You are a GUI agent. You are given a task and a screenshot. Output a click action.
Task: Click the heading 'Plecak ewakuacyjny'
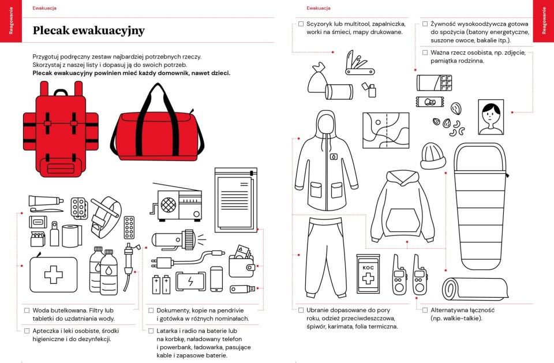[88, 31]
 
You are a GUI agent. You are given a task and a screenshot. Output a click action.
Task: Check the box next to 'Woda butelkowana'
[27, 310]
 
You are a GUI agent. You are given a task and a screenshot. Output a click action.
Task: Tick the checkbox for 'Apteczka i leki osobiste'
[27, 331]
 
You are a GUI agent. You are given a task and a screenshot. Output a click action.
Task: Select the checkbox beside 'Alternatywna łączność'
[425, 310]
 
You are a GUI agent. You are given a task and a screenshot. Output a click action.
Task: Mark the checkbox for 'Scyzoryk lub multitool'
[301, 24]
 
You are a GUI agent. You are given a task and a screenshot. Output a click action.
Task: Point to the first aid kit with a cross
[53, 274]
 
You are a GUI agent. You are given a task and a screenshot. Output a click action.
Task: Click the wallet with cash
[243, 263]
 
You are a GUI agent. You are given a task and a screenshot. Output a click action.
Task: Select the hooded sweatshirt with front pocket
[403, 206]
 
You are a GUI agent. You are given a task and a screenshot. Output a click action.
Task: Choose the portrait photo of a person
[491, 118]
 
